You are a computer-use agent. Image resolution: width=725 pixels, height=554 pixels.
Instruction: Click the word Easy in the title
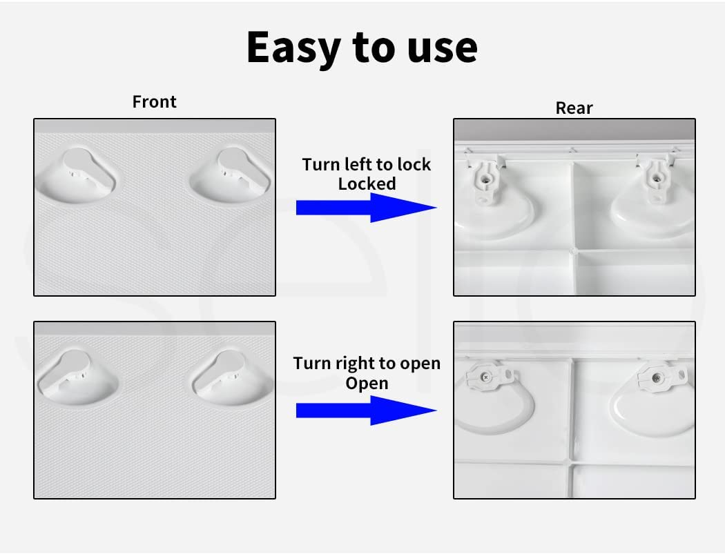[x=291, y=47]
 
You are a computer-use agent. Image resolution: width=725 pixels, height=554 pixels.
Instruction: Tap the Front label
[x=154, y=101]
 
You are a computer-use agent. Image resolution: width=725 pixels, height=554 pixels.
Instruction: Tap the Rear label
[x=574, y=108]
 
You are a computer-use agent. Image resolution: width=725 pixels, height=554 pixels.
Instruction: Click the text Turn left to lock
[x=366, y=164]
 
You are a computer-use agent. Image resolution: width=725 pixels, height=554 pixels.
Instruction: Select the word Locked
[x=367, y=184]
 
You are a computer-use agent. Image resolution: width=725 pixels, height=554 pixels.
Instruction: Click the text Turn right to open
[x=366, y=363]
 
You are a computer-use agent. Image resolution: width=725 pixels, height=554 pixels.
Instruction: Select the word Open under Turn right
[x=366, y=382]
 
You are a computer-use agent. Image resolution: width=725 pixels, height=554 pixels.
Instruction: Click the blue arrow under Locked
[x=366, y=208]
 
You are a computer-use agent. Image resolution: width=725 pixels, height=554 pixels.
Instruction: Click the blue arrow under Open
[x=366, y=410]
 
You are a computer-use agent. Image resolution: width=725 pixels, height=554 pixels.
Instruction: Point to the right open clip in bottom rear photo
[x=657, y=375]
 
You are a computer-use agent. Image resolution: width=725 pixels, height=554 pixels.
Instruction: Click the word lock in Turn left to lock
[x=414, y=164]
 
